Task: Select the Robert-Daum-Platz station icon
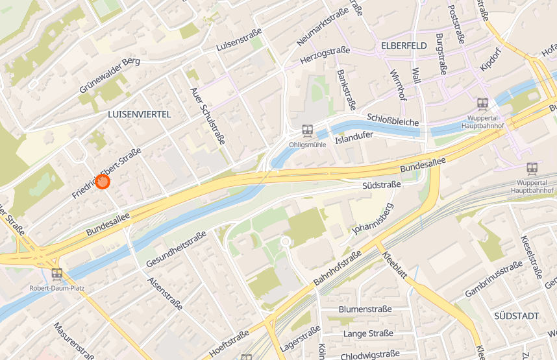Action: click(x=56, y=274)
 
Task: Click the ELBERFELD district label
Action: click(x=404, y=45)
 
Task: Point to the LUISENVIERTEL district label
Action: click(x=139, y=114)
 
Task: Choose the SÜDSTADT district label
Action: click(x=516, y=316)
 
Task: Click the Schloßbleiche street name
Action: click(x=393, y=119)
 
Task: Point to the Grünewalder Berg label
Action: click(x=110, y=75)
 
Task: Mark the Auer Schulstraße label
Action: click(x=208, y=116)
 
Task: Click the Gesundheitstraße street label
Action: click(x=176, y=249)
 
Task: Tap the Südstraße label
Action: click(x=382, y=186)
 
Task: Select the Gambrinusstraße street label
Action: click(x=493, y=280)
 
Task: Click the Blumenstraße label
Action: click(x=365, y=309)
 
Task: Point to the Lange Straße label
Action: click(x=368, y=333)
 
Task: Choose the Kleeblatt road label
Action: click(x=394, y=265)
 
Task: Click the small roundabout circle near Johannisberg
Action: click(x=285, y=242)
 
